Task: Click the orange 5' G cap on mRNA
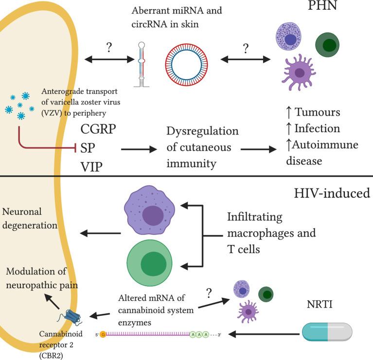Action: coord(102,335)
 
